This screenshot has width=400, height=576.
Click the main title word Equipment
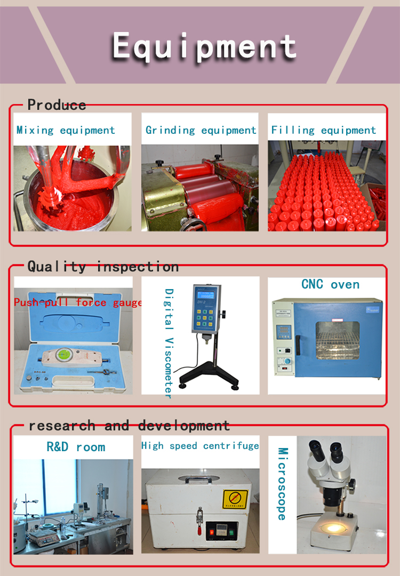[204, 46]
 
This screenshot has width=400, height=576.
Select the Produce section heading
[57, 105]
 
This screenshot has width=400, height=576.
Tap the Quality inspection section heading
[103, 266]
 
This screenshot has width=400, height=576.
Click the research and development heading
[129, 426]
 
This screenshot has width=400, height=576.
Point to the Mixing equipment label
[66, 130]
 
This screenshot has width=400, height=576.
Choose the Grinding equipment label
[201, 130]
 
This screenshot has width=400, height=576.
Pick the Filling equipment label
[324, 130]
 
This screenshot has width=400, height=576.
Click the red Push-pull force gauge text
[78, 303]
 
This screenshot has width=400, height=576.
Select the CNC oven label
[330, 284]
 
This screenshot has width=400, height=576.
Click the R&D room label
[76, 447]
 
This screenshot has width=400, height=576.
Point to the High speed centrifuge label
[200, 445]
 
